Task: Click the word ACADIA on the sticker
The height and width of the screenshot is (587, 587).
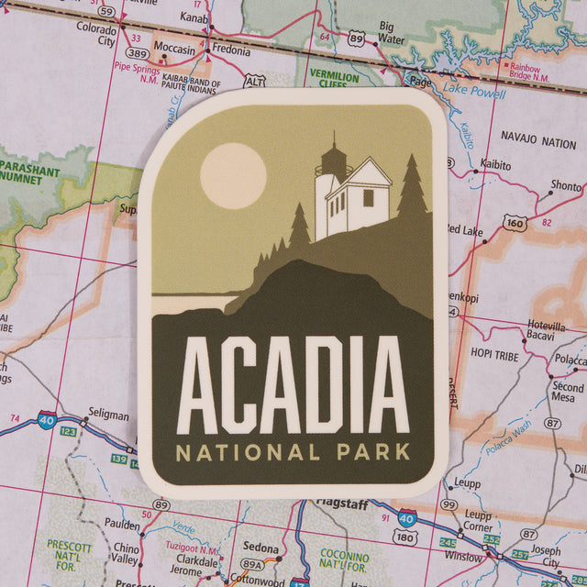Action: click(x=293, y=385)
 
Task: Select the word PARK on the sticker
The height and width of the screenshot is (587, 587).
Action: click(x=371, y=452)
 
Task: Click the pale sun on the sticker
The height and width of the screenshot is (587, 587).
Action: click(x=232, y=175)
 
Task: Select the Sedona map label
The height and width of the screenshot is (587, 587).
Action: click(x=260, y=548)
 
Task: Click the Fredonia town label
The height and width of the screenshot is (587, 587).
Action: click(x=231, y=51)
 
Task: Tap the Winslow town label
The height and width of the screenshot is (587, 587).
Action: click(x=462, y=557)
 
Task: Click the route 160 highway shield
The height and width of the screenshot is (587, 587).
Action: click(x=515, y=223)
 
